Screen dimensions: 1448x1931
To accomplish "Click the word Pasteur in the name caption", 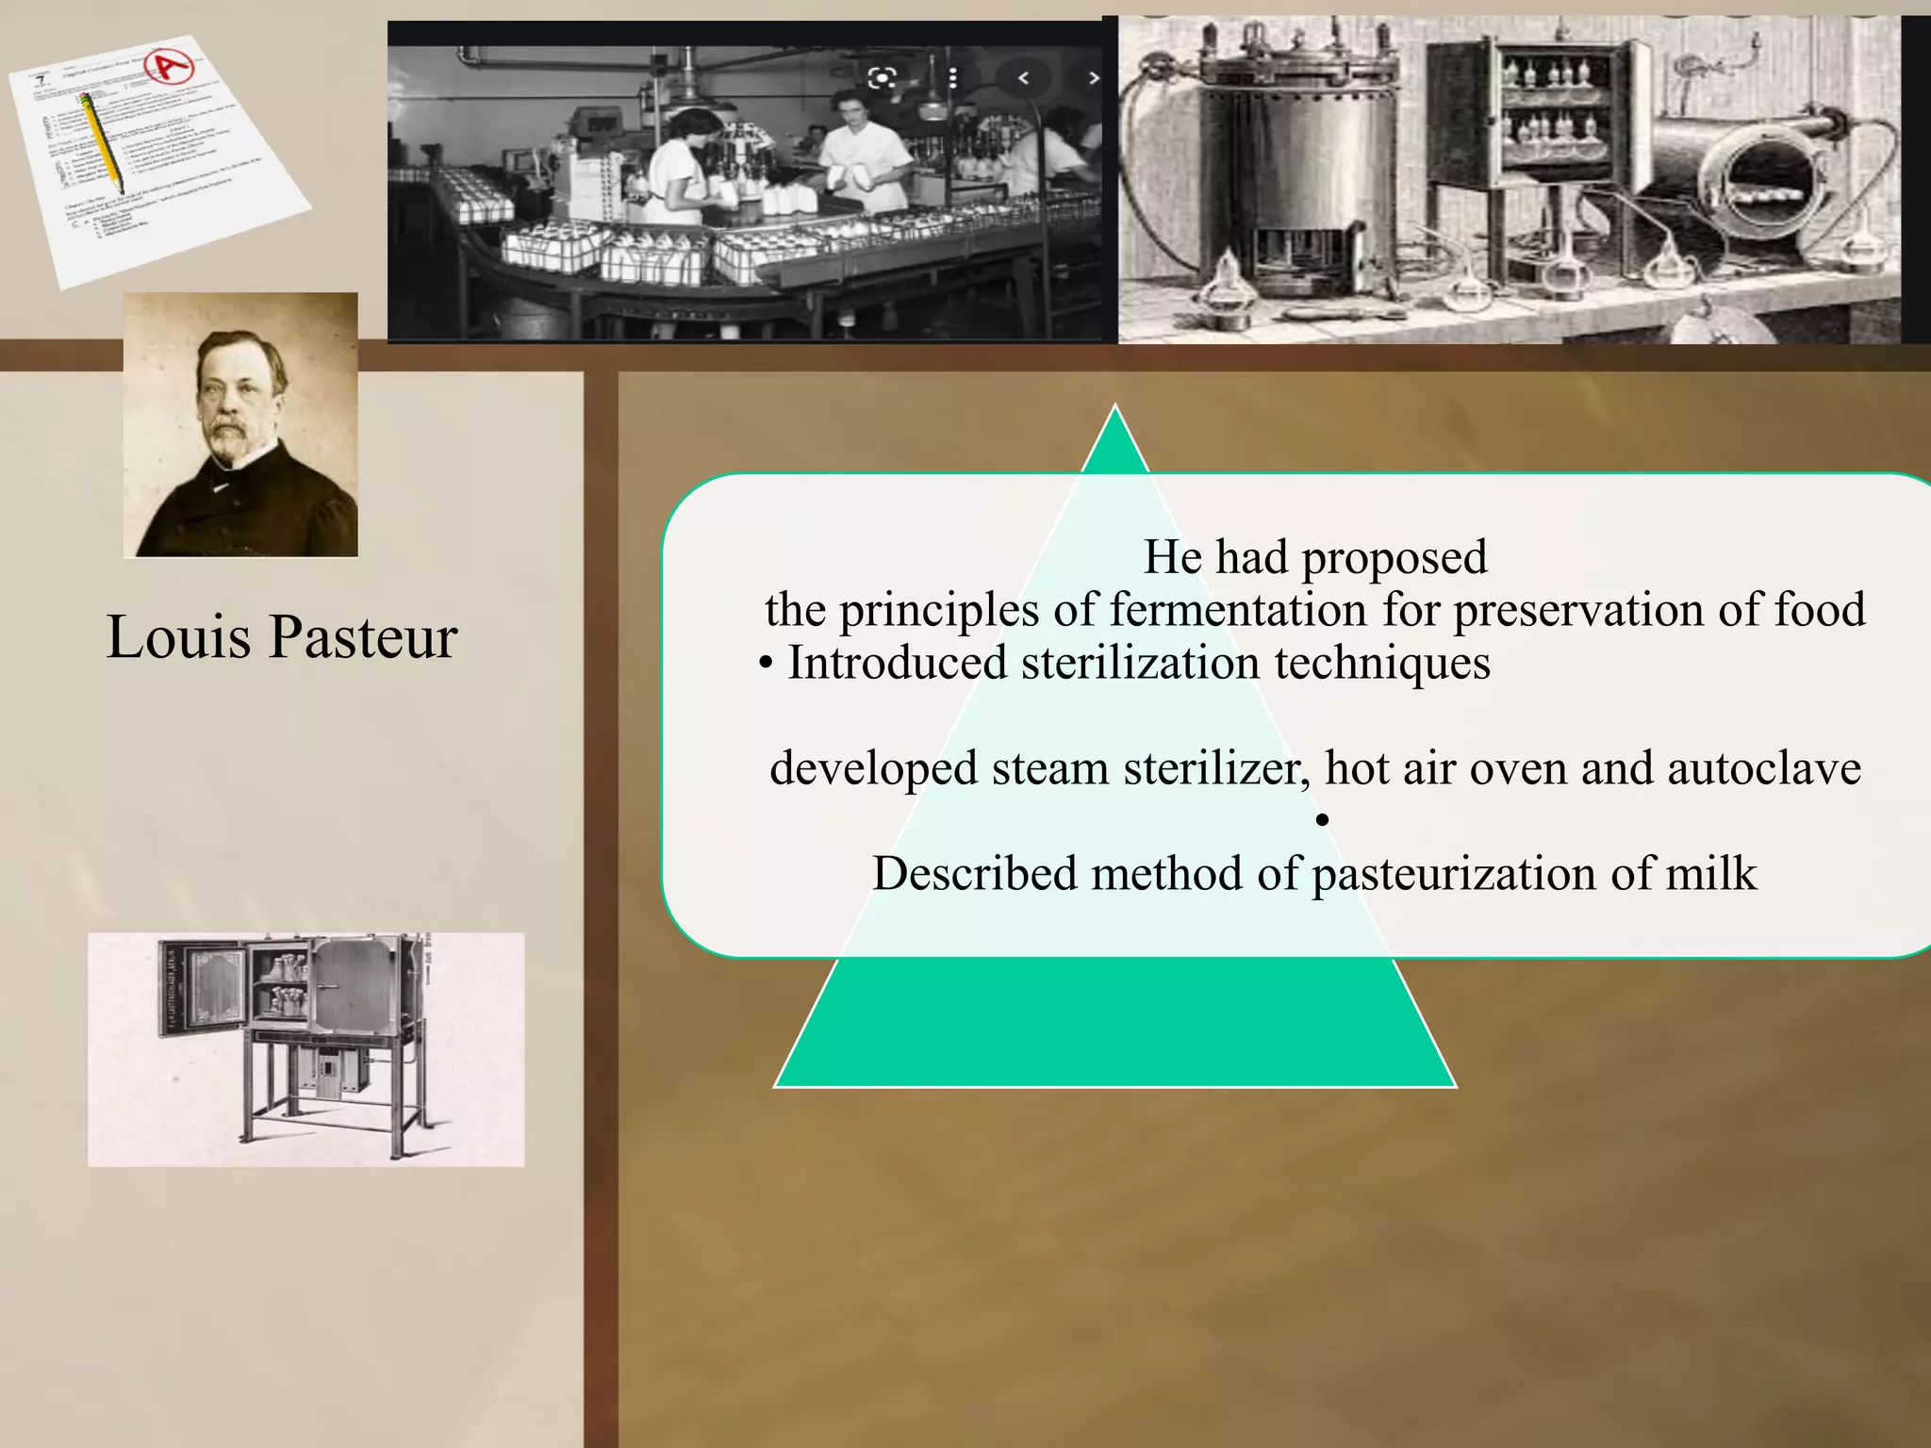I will [363, 637].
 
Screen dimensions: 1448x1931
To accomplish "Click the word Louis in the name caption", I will [178, 637].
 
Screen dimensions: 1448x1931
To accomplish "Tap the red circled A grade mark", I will [172, 66].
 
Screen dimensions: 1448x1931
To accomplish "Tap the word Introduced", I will [897, 662].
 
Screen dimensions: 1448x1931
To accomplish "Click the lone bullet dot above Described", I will [1322, 820].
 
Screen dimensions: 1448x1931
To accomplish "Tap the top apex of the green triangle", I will [1115, 411].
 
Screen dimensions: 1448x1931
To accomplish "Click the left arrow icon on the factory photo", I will [1023, 78].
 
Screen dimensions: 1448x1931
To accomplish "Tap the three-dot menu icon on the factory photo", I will [953, 77].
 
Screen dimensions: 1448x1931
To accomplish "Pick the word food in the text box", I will [1820, 609].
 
